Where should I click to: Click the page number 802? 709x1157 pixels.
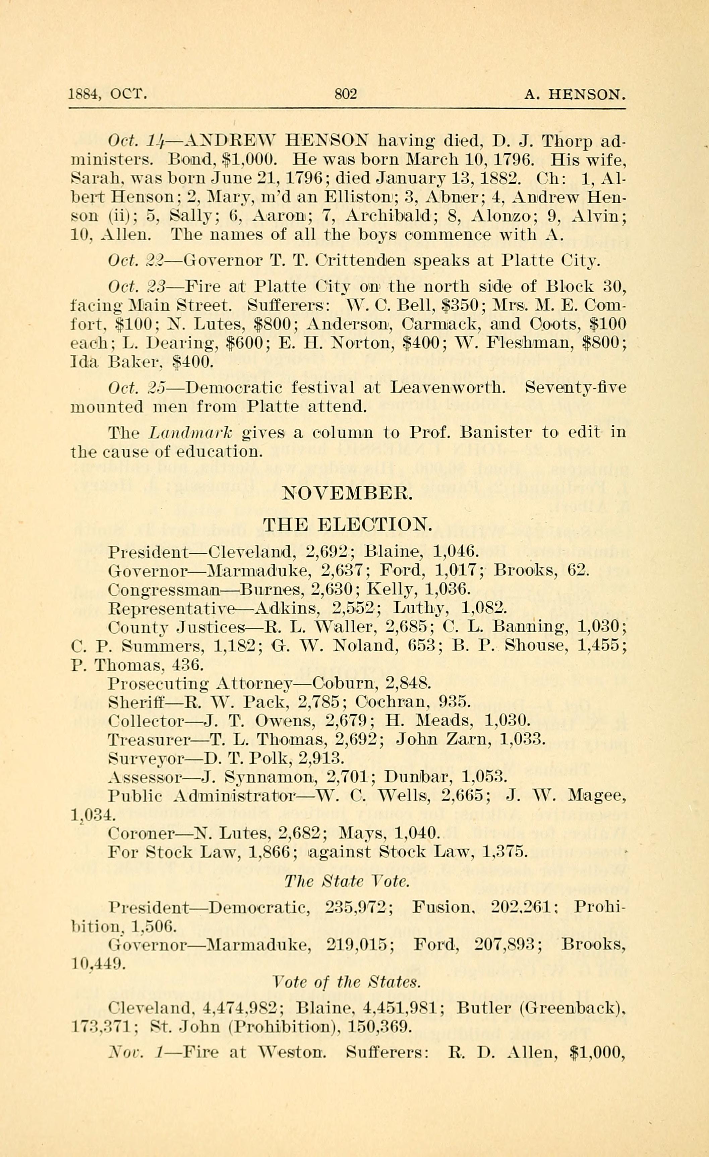point(346,95)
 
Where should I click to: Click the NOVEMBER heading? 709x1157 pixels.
point(347,493)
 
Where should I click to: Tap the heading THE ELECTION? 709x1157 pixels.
point(347,525)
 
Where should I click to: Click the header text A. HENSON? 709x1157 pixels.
point(574,95)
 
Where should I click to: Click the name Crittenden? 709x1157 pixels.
point(360,260)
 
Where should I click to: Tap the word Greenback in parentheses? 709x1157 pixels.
point(569,1008)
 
